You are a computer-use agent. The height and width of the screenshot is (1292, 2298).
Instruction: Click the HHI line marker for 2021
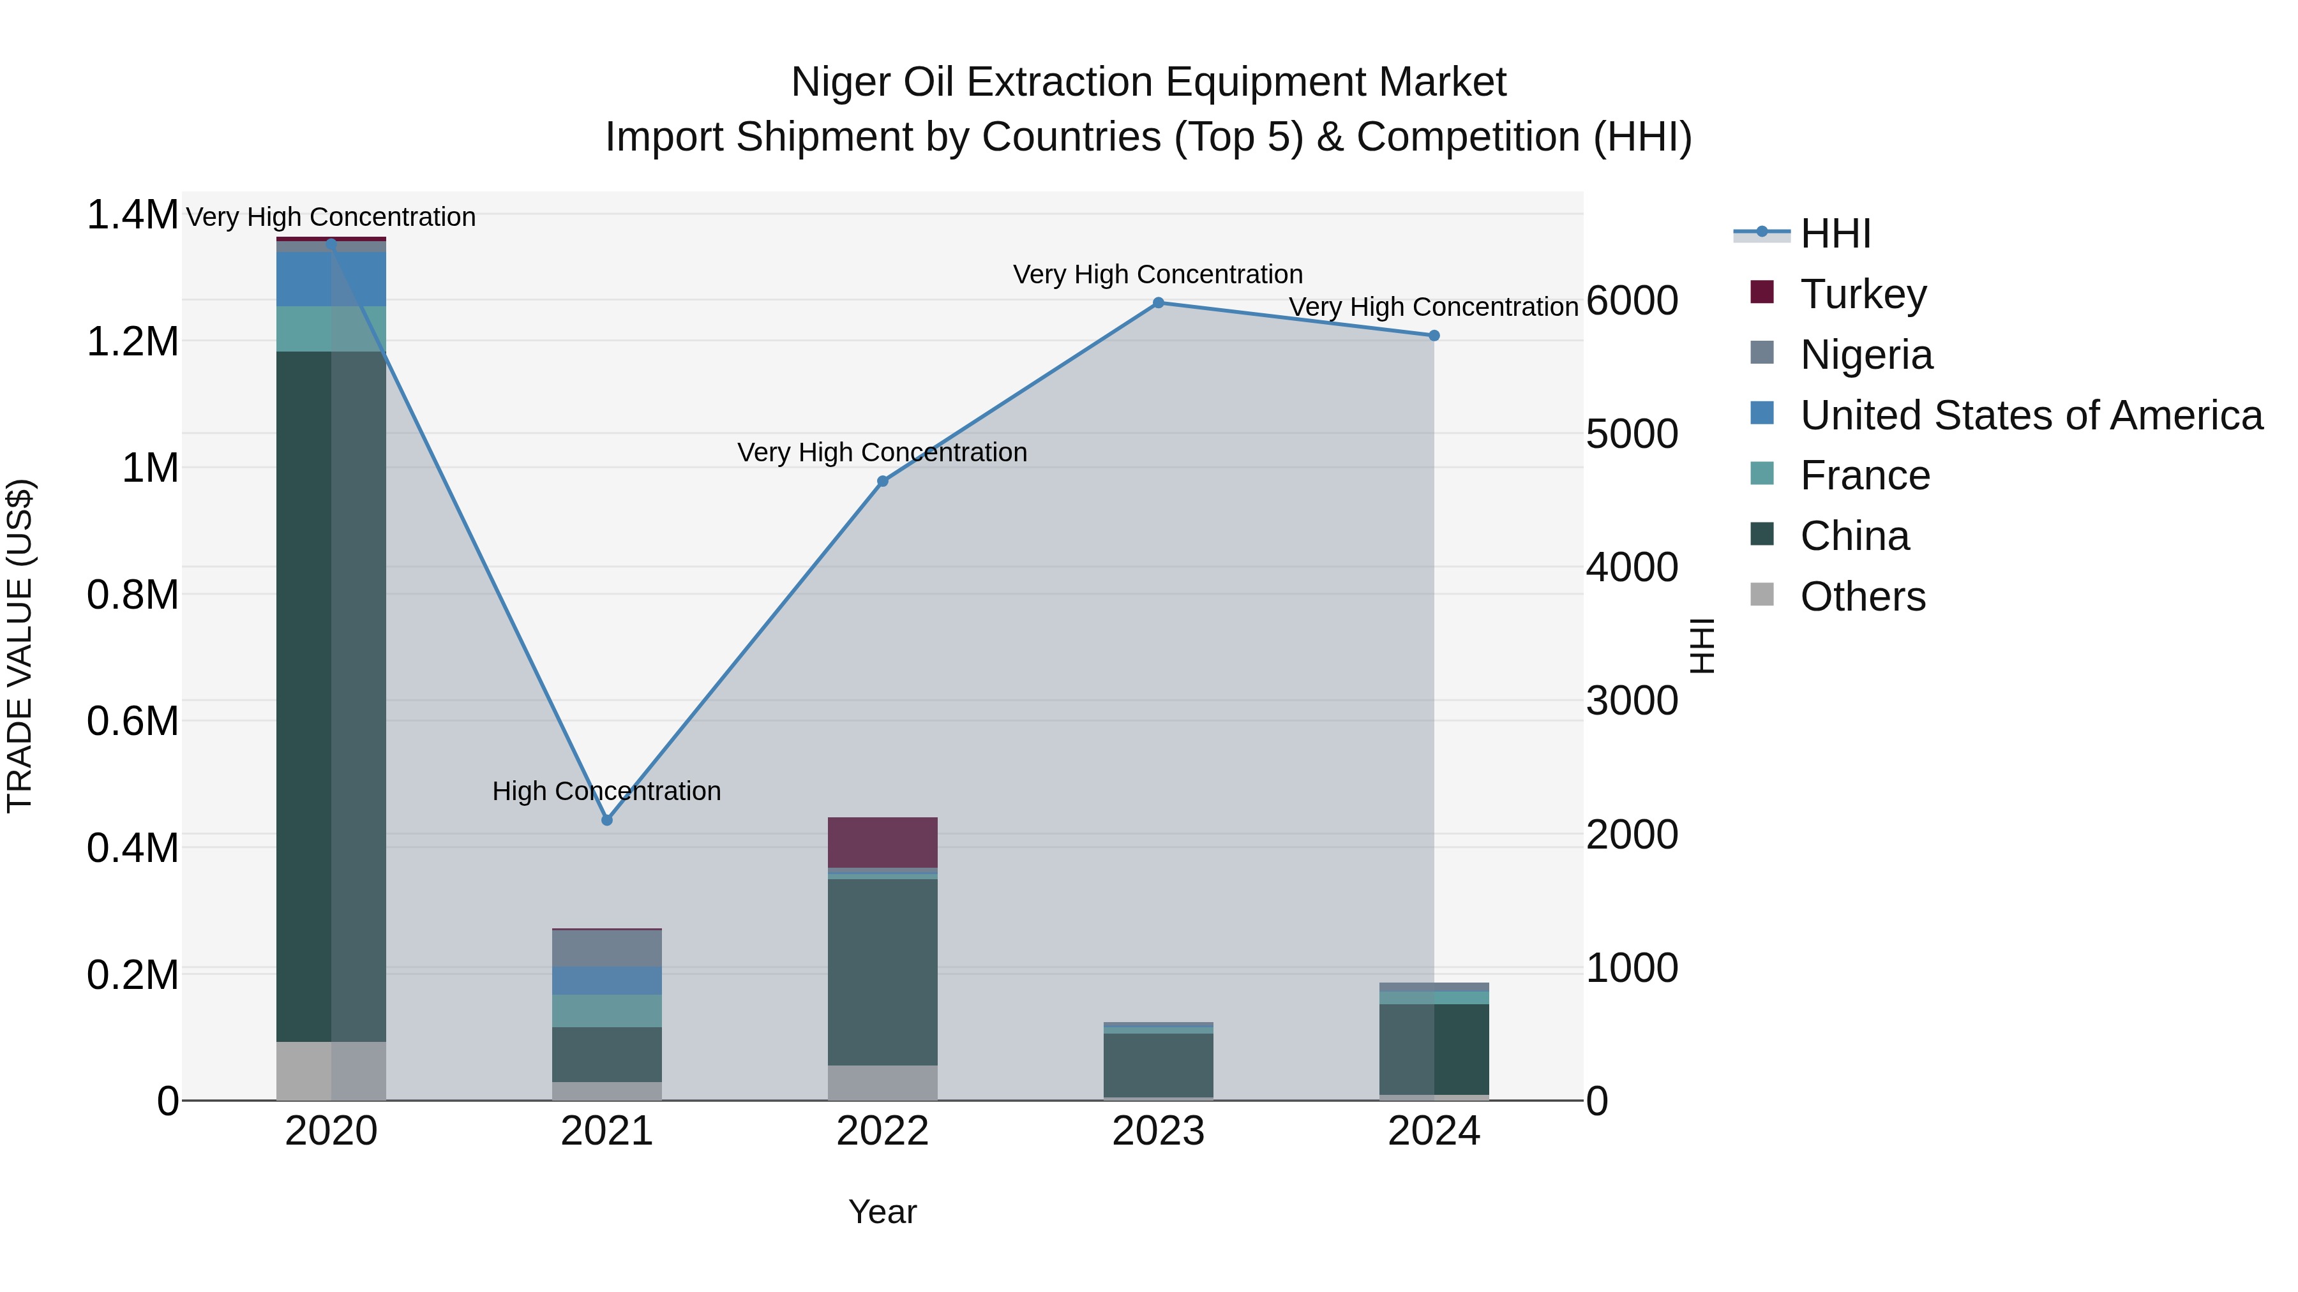point(606,819)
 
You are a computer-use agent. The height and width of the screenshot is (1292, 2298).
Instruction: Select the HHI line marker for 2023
point(1158,302)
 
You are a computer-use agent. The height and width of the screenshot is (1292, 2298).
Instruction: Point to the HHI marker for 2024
point(1434,335)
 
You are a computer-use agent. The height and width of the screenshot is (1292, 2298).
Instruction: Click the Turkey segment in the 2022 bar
point(882,842)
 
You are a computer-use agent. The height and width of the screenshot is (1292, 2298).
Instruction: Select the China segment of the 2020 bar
point(331,695)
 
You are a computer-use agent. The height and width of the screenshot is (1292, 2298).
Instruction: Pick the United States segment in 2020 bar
point(331,278)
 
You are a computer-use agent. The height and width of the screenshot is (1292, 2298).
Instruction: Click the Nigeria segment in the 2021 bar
point(606,948)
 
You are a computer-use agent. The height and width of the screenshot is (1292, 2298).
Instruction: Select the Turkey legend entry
point(1863,293)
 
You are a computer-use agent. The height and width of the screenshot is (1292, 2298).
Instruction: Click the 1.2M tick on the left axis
point(132,341)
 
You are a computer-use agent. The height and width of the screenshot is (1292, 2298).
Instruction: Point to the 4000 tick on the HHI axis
point(1632,567)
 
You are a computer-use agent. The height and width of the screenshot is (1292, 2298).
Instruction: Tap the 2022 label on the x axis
point(882,1131)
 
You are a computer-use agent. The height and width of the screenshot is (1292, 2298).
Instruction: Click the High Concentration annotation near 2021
point(606,791)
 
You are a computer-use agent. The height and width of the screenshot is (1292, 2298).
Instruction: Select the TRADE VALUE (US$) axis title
point(20,646)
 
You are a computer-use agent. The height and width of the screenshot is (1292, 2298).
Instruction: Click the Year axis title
point(882,1212)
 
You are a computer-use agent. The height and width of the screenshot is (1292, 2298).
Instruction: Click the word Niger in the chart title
point(839,82)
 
